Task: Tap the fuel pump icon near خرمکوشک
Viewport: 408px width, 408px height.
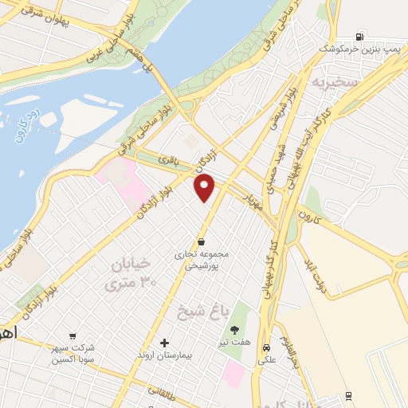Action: [360, 36]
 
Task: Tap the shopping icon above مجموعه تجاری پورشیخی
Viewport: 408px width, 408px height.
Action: [201, 241]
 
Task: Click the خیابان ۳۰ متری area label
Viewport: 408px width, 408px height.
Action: [128, 273]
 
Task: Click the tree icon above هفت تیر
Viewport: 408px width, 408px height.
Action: [234, 330]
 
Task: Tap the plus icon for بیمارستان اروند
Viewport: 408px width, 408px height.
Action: [164, 342]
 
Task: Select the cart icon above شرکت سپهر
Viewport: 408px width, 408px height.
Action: [73, 336]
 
